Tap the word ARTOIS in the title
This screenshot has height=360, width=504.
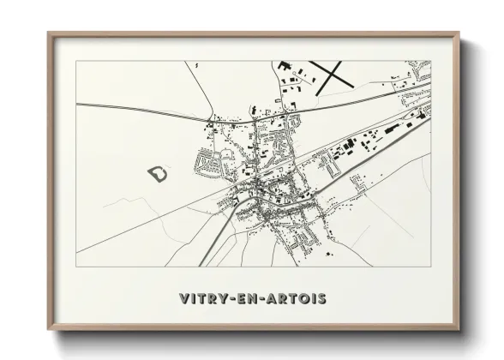coord(296,298)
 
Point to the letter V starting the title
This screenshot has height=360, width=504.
coord(183,298)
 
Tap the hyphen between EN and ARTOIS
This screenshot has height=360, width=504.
coord(264,299)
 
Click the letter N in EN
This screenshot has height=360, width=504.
coord(254,298)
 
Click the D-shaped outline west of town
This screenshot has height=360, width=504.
coord(159,174)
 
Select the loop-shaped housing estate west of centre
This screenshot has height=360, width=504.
coord(209,160)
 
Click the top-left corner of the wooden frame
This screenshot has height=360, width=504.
coord(48,32)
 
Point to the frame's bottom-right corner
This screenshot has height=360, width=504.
coord(459,330)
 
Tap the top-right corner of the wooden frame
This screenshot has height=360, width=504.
coord(459,32)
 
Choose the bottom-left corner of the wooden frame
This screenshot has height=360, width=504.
coord(48,330)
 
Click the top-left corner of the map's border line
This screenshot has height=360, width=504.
coord(76,61)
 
